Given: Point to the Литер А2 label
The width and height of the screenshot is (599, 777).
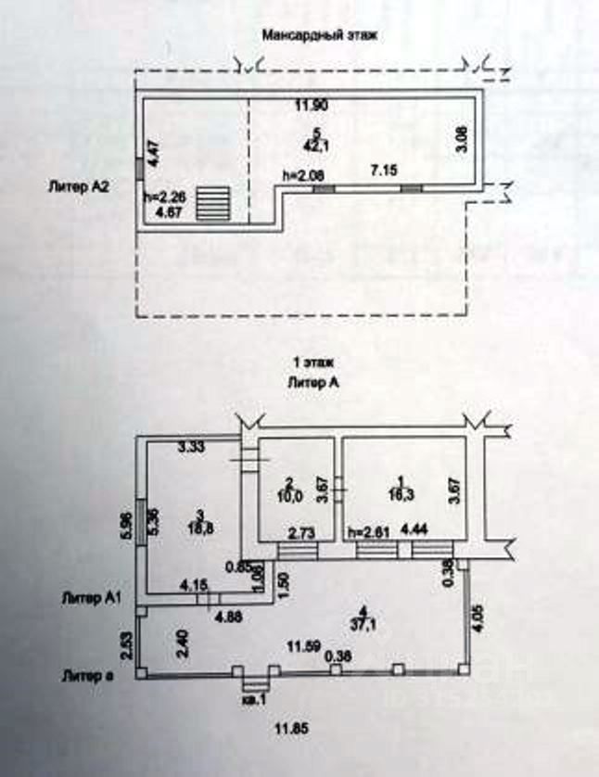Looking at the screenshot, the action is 80,185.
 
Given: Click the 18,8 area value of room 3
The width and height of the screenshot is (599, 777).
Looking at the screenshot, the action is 200,525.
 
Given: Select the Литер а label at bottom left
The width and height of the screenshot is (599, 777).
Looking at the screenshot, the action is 87,674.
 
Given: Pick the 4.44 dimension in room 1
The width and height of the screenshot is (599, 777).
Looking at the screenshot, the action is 412,531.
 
